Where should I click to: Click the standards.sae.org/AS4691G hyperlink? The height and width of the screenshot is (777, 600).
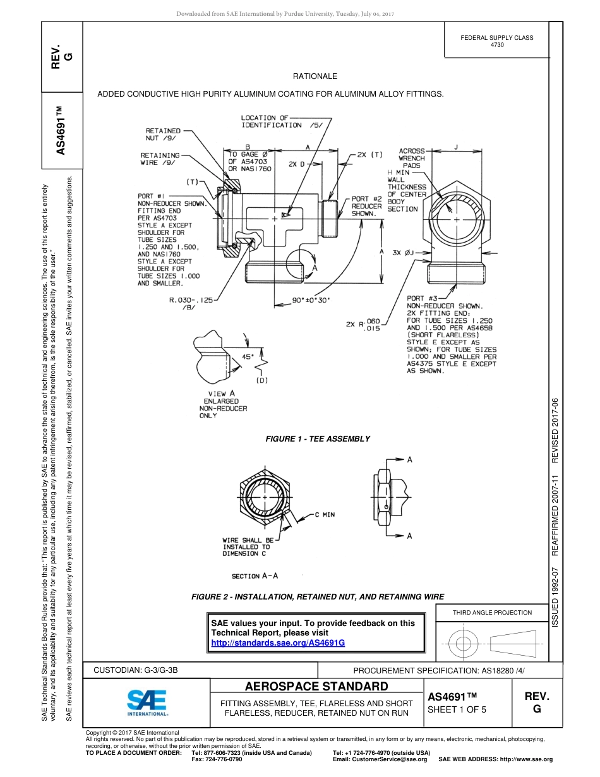pyautogui.click(x=278, y=642)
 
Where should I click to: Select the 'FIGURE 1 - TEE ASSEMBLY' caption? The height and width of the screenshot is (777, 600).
pyautogui.click(x=318, y=439)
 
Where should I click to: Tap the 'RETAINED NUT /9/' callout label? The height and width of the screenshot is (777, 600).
pyautogui.click(x=163, y=134)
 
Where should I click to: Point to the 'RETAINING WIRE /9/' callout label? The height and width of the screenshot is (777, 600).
pyautogui.click(x=160, y=159)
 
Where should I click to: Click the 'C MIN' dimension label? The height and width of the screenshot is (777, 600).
pyautogui.click(x=325, y=515)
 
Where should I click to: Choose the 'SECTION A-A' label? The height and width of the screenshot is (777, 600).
pyautogui.click(x=255, y=576)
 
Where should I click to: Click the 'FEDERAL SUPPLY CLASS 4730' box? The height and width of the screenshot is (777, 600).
pyautogui.click(x=496, y=41)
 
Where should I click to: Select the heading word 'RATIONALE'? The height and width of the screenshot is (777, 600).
pyautogui.click(x=315, y=76)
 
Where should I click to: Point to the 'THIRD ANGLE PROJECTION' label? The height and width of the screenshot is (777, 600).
pyautogui.click(x=492, y=612)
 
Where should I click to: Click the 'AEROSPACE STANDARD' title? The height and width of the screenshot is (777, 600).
pyautogui.click(x=316, y=687)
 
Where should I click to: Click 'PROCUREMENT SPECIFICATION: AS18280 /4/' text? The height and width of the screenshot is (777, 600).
pyautogui.click(x=439, y=670)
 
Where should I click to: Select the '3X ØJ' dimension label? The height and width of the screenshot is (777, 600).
pyautogui.click(x=402, y=253)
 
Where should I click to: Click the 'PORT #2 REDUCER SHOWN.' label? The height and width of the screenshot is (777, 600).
pyautogui.click(x=367, y=207)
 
